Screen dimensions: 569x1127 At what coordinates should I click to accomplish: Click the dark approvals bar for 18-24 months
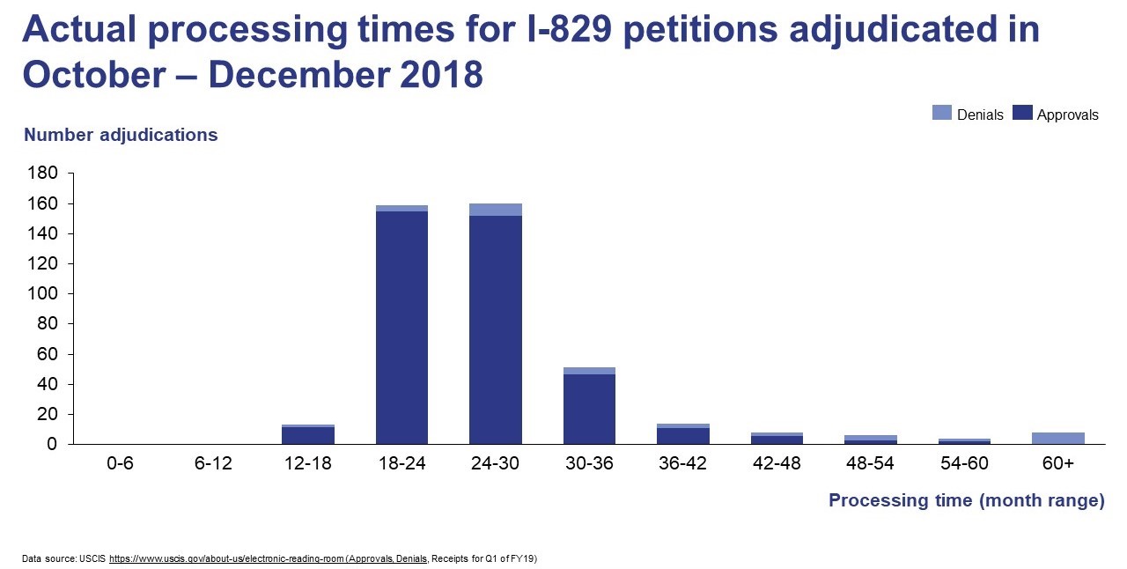pyautogui.click(x=401, y=327)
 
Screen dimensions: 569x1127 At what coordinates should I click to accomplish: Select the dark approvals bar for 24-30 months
pyautogui.click(x=496, y=329)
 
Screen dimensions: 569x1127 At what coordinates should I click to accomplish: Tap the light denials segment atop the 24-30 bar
pyautogui.click(x=496, y=210)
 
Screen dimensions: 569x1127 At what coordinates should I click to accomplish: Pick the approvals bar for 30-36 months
pyautogui.click(x=589, y=409)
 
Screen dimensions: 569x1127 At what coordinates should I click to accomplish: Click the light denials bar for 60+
pyautogui.click(x=1057, y=438)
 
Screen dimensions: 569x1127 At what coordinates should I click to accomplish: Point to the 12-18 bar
pyautogui.click(x=308, y=435)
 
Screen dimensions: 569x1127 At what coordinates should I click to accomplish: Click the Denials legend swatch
pyautogui.click(x=942, y=113)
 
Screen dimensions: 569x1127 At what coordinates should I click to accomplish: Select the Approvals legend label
pyautogui.click(x=1067, y=115)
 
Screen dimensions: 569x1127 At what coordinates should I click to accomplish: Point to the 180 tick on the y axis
pyautogui.click(x=45, y=174)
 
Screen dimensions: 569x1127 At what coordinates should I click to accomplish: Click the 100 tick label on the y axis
pyautogui.click(x=45, y=293)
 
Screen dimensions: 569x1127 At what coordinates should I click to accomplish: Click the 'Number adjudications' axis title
pyautogui.click(x=121, y=135)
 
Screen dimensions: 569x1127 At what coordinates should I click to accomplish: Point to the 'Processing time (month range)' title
pyautogui.click(x=966, y=500)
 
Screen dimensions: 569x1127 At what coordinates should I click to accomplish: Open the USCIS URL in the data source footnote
pyautogui.click(x=226, y=558)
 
